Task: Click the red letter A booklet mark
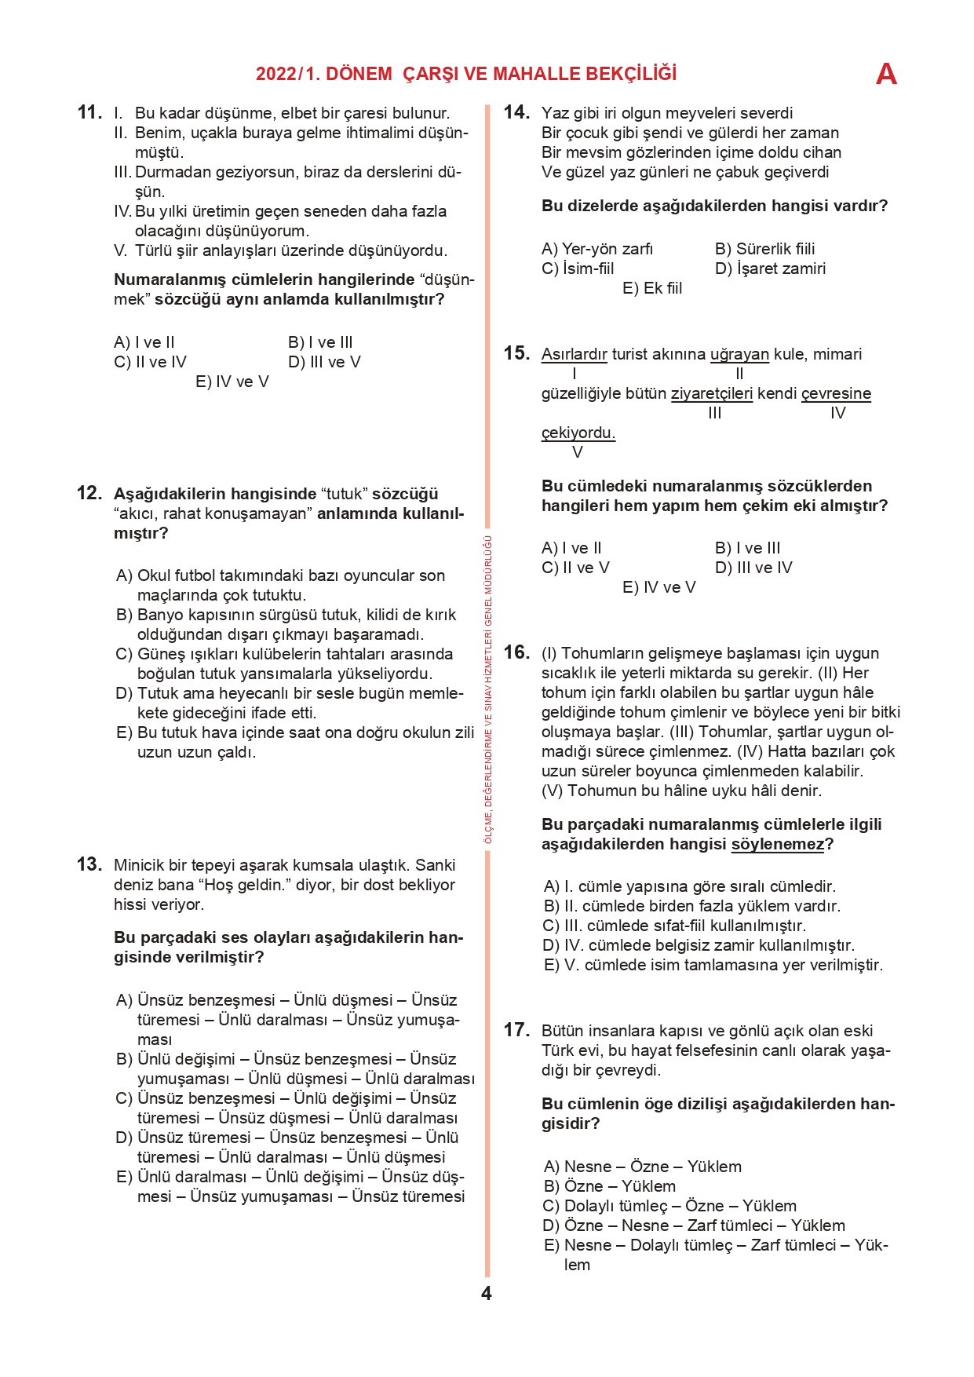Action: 886,74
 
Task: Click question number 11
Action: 89,112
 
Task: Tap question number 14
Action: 516,112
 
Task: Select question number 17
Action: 516,1030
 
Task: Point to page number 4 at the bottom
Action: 487,1293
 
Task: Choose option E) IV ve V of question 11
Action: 232,382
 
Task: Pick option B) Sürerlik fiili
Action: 764,249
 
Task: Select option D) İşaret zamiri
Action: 770,268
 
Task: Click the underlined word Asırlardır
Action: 575,354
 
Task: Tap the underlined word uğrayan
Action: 739,354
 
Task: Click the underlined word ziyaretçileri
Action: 712,393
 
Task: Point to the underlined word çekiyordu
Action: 578,433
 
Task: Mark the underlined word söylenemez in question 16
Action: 778,844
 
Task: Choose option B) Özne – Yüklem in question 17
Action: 609,1186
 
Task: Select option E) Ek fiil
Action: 652,288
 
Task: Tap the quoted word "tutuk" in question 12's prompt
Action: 345,494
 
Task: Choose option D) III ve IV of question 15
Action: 753,568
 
